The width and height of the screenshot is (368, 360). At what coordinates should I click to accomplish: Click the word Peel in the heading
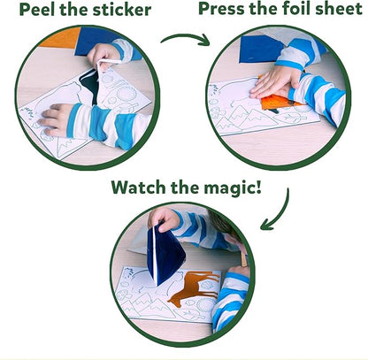pos(37,10)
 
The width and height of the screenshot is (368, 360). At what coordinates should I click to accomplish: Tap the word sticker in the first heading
pos(122,10)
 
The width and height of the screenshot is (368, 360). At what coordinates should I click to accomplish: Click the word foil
pos(295,9)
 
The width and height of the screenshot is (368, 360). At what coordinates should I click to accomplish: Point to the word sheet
pos(339,9)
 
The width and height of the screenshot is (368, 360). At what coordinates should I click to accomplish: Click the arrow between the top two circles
pos(186,39)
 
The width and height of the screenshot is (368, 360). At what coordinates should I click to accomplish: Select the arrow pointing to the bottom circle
pos(277,210)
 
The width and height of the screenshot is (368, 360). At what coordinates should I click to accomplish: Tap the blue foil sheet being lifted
pos(165,255)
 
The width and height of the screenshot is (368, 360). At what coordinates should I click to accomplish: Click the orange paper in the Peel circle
pos(60,38)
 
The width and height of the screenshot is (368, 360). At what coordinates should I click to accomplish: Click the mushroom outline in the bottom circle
pos(122,294)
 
